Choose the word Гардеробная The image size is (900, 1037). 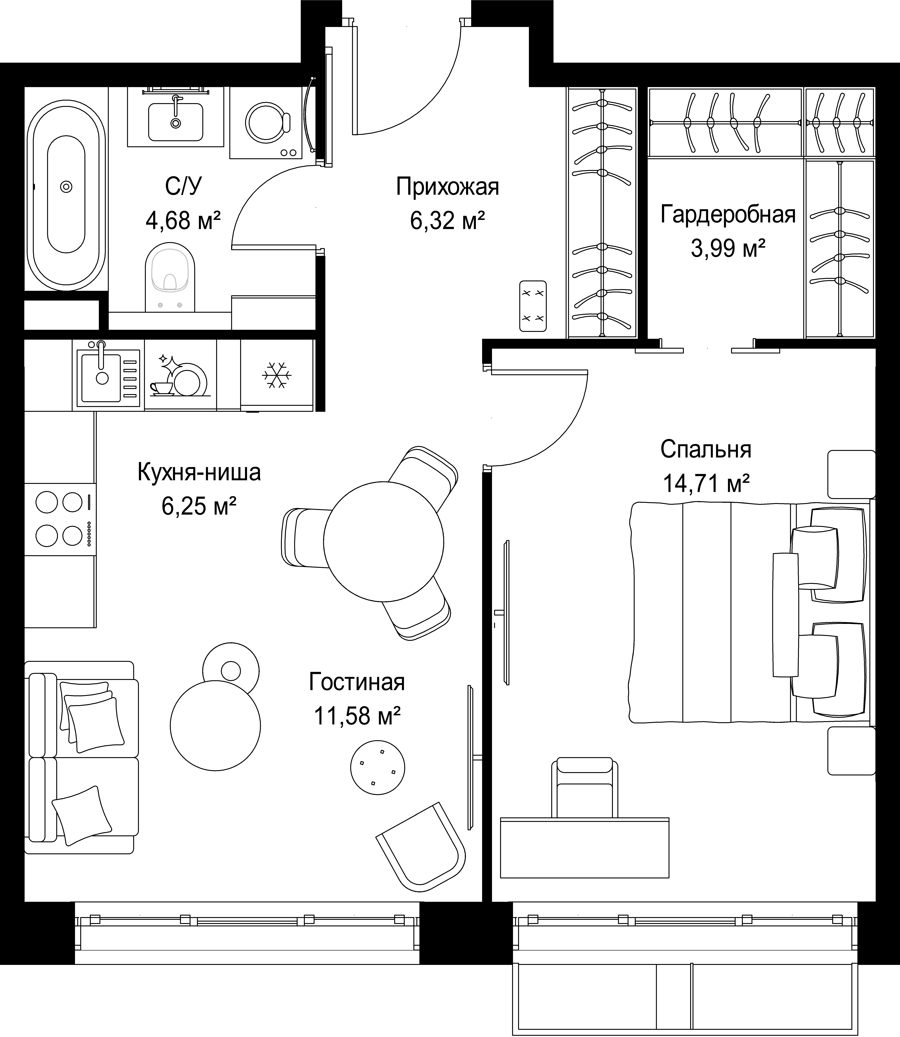coord(728,214)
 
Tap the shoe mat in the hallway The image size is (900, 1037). coord(533,306)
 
